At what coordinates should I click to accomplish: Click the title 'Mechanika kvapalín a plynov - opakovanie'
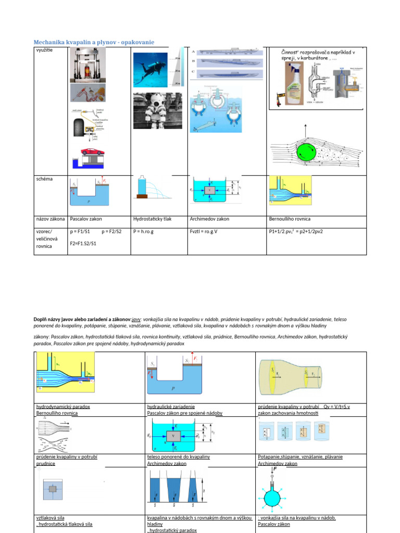(x=94, y=42)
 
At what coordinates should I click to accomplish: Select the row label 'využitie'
(x=45, y=50)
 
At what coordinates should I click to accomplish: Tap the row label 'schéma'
(x=45, y=179)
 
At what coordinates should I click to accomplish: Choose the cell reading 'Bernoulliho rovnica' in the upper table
(x=289, y=219)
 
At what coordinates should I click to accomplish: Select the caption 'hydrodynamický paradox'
(x=63, y=406)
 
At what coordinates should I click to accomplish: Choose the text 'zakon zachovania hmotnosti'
(x=288, y=413)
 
